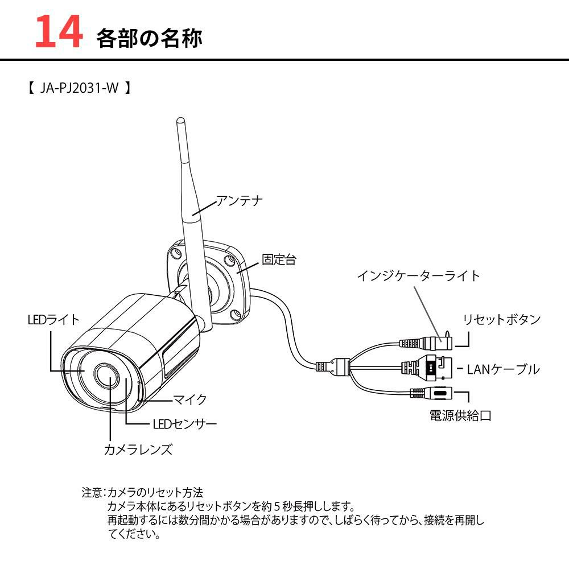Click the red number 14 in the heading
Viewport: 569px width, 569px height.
[59, 32]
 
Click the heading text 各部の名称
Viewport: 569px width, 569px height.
[149, 38]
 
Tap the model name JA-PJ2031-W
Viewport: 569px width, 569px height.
[79, 89]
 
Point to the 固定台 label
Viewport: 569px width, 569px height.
[279, 260]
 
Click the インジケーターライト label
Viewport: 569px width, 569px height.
[418, 276]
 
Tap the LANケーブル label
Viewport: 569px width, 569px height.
[502, 369]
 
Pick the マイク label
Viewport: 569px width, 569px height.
[189, 399]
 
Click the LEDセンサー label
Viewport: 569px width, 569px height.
[184, 424]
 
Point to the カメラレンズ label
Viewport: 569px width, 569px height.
[138, 450]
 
